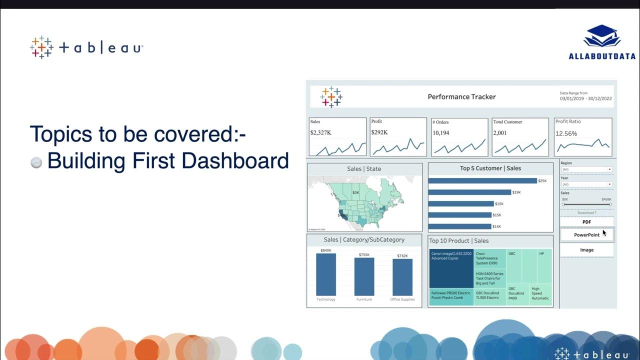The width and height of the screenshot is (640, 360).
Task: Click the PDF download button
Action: [586, 222]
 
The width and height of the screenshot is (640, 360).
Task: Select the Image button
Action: [586, 250]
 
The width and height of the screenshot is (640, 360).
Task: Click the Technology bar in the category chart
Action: [326, 274]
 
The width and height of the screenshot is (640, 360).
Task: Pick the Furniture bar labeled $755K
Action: [364, 276]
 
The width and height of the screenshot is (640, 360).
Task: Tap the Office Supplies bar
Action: [402, 277]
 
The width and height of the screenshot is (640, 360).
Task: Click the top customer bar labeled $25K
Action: [482, 181]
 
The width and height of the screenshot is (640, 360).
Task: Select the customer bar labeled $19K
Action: [469, 192]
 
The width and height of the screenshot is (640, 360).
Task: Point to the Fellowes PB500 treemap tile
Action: [451, 295]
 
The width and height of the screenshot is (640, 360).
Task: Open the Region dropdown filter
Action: [586, 169]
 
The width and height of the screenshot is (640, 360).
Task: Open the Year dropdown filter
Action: [586, 184]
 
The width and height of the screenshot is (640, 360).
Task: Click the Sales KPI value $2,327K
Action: [320, 132]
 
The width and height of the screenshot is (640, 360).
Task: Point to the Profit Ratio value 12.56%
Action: [566, 134]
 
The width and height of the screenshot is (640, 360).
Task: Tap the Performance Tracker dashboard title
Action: [461, 97]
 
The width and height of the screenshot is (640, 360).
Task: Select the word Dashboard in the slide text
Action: [235, 161]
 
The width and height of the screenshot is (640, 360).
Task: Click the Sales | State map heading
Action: [364, 169]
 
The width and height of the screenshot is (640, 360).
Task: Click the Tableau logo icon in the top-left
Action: [41, 47]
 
